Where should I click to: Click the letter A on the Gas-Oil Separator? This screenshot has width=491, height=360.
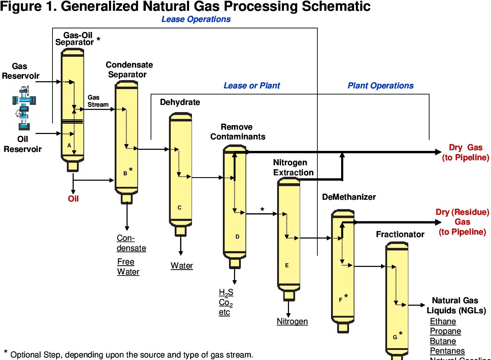[x=69, y=145]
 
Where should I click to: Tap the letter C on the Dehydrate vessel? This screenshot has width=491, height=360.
[x=180, y=207]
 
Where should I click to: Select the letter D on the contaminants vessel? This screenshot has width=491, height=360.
[x=237, y=236]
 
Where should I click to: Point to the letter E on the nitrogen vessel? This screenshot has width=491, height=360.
[x=287, y=265]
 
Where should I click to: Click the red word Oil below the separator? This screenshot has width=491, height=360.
[x=73, y=199]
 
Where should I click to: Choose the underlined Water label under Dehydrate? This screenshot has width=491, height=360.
[x=182, y=266]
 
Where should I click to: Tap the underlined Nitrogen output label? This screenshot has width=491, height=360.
[x=292, y=321]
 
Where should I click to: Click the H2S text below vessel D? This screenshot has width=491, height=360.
[x=226, y=293]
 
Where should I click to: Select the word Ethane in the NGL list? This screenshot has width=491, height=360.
[x=443, y=321]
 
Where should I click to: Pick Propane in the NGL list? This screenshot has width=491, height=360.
[x=445, y=331]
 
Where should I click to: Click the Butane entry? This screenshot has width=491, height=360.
[x=443, y=341]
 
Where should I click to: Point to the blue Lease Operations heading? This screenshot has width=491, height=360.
[x=196, y=19]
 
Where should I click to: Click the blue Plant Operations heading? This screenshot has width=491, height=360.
[x=380, y=86]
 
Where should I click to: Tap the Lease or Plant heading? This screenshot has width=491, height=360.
[x=252, y=86]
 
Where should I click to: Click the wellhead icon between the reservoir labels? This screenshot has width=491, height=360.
[x=24, y=107]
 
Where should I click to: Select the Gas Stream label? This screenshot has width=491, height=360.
[x=98, y=101]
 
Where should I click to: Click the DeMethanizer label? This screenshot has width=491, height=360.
[x=349, y=197]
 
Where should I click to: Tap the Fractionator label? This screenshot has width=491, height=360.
[x=400, y=234]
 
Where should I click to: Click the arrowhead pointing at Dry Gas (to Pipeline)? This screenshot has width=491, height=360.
[x=438, y=152]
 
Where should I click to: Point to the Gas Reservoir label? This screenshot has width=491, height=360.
[x=20, y=71]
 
